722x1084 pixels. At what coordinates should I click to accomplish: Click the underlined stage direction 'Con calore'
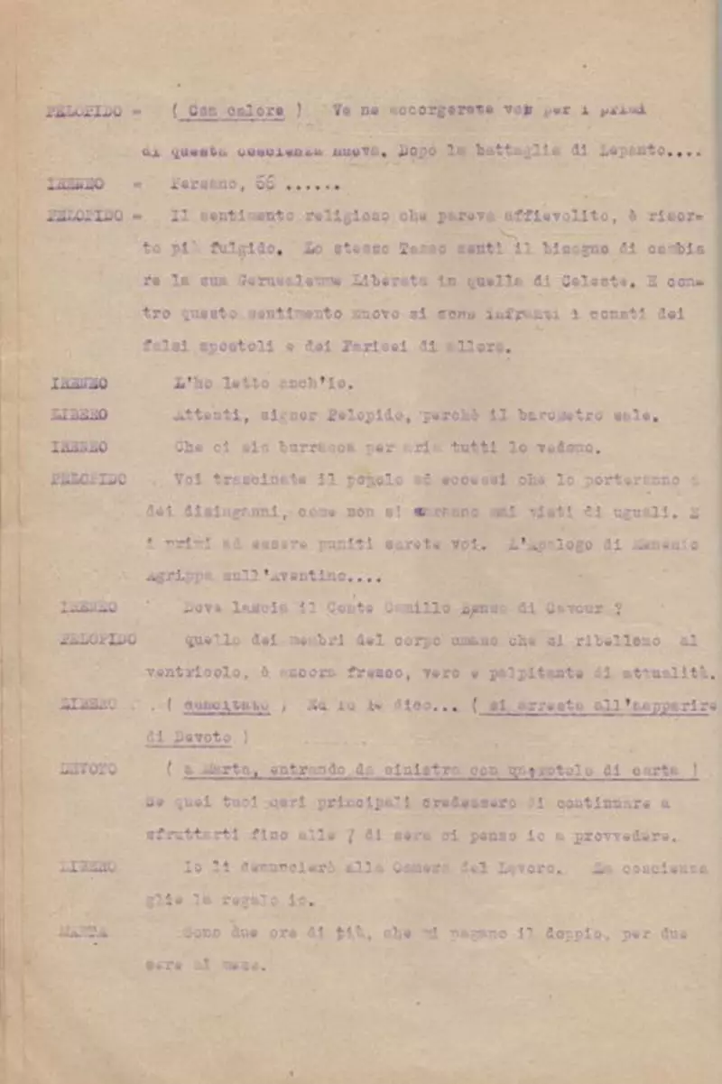pos(236,111)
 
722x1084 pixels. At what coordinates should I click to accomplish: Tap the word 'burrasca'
pos(301,447)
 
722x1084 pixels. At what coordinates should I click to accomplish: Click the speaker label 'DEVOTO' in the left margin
pos(88,770)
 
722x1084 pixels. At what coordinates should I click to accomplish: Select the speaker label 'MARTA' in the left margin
pos(84,931)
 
